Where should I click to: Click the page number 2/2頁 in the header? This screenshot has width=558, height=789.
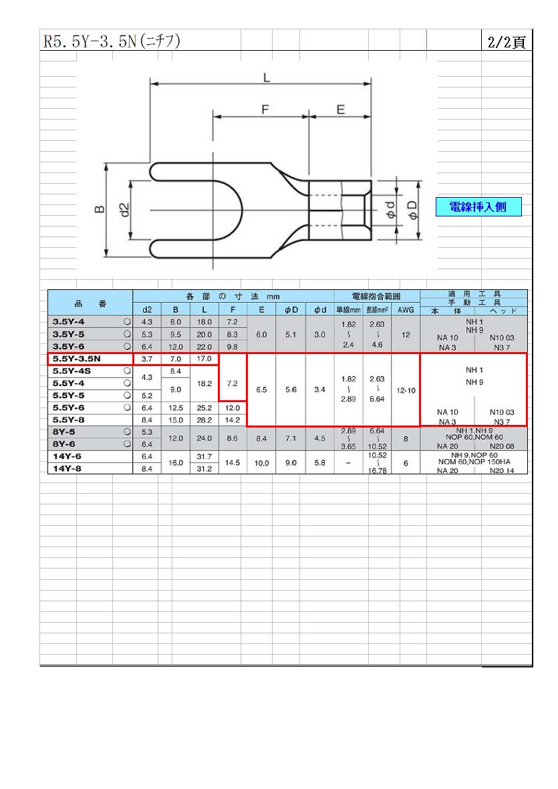pyautogui.click(x=507, y=42)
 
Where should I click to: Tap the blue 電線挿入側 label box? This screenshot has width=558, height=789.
pyautogui.click(x=478, y=207)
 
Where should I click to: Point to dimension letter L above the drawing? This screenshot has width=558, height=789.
pyautogui.click(x=266, y=77)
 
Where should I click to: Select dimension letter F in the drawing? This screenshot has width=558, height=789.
pyautogui.click(x=265, y=110)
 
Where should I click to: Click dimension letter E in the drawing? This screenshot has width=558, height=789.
pyautogui.click(x=341, y=110)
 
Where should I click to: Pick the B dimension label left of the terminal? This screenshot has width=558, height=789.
pyautogui.click(x=100, y=209)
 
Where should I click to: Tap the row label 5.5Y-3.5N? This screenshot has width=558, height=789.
pyautogui.click(x=76, y=359)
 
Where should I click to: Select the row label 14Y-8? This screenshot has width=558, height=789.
pyautogui.click(x=67, y=468)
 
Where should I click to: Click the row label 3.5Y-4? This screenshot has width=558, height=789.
pyautogui.click(x=68, y=322)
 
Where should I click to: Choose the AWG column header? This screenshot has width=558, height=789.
pyautogui.click(x=406, y=310)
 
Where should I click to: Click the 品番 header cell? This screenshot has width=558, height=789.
pyautogui.click(x=91, y=303)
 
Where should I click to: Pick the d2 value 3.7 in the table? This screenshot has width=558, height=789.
pyautogui.click(x=147, y=359)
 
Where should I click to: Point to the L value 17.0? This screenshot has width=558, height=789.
pyautogui.click(x=204, y=359)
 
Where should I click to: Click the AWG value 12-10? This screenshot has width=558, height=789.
pyautogui.click(x=406, y=390)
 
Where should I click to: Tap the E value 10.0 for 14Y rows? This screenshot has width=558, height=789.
pyautogui.click(x=262, y=463)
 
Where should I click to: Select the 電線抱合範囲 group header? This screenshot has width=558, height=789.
pyautogui.click(x=376, y=297)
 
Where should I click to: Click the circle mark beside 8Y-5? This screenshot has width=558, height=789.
pyautogui.click(x=127, y=431)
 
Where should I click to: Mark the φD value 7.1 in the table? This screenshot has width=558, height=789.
pyautogui.click(x=291, y=438)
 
